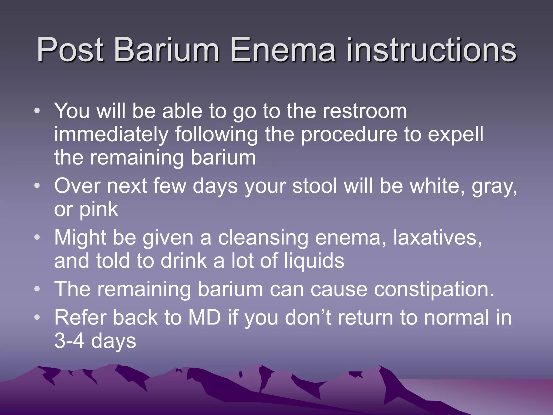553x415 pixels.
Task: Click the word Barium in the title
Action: tap(167, 50)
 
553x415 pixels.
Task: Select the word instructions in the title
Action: tap(431, 50)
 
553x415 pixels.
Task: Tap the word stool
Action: tap(315, 186)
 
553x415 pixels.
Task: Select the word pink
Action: tap(99, 209)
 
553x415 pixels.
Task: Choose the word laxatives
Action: tap(437, 237)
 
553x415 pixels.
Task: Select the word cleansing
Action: tap(263, 237)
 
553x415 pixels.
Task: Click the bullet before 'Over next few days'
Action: tap(37, 186)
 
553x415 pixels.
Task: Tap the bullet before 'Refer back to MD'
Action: tap(37, 317)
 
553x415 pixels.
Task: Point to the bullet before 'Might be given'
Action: tap(37, 237)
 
